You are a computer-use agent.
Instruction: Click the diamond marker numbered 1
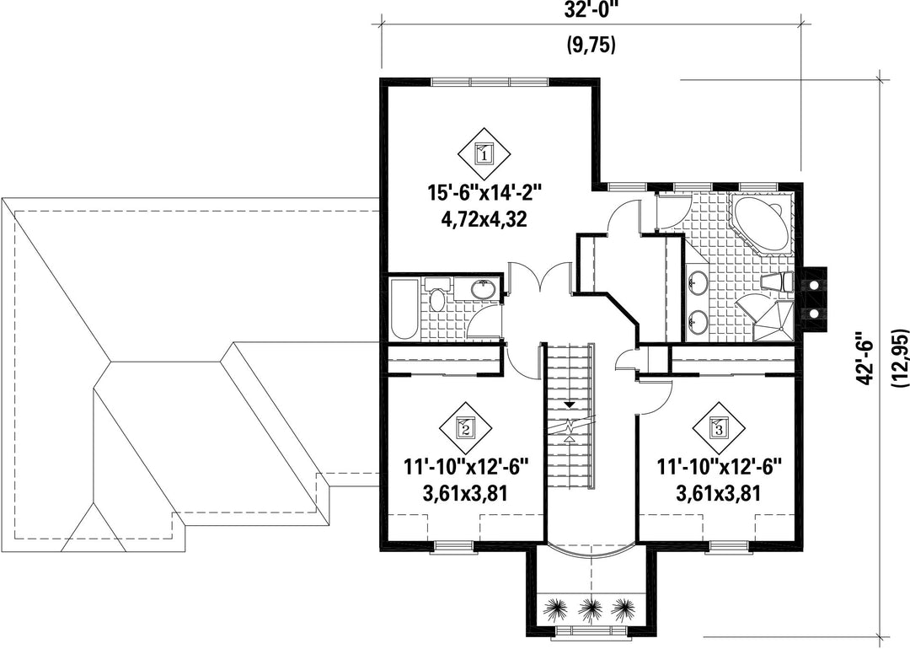pos(484,154)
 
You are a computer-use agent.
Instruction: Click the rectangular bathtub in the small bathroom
pos(404,309)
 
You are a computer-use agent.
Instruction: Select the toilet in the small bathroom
pos(437,294)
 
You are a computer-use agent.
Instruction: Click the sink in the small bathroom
pos(483,288)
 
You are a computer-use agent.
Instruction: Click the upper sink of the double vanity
pos(697,284)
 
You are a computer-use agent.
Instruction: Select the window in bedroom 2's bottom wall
pos(452,545)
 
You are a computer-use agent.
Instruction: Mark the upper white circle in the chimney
pos(814,287)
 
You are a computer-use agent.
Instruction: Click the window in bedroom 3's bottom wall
pos(727,545)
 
